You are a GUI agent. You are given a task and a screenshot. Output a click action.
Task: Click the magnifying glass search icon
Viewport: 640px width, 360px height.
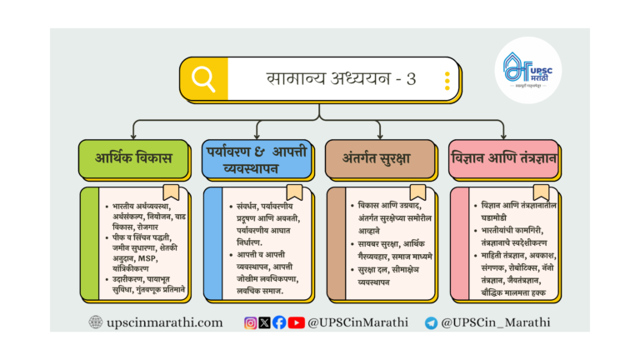[x=203, y=79]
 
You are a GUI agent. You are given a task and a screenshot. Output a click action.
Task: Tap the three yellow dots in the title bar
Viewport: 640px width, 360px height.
[x=447, y=80]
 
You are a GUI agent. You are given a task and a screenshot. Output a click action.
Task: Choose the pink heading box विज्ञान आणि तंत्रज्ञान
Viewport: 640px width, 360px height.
[x=505, y=159]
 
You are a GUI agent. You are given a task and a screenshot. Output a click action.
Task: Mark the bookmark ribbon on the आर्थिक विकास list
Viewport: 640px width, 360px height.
[x=170, y=192]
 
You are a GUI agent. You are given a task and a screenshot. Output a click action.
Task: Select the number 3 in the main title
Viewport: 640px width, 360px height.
[x=411, y=79]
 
